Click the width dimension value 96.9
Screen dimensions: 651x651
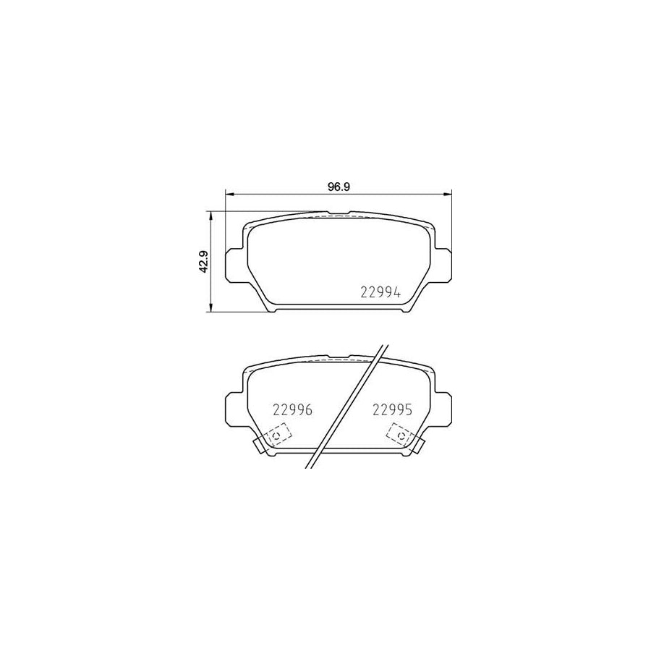tap(339, 187)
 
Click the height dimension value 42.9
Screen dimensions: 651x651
tap(203, 262)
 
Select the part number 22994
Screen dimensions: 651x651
tap(380, 293)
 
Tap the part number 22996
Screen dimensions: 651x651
tap(292, 410)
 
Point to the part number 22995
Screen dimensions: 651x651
tap(392, 410)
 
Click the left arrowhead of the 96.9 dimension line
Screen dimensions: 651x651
tap(229, 194)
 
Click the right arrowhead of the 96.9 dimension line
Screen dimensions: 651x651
tap(447, 194)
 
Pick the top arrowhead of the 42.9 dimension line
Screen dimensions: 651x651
tap(211, 216)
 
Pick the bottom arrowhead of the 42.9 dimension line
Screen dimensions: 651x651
tap(211, 307)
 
